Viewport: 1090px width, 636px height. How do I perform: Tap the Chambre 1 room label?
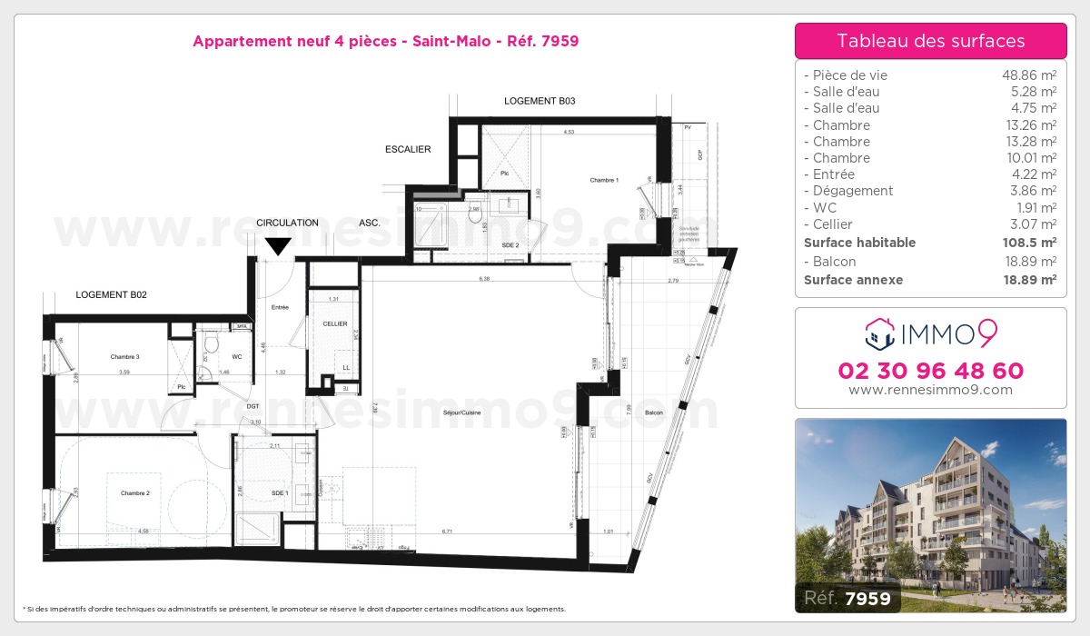coord(604,180)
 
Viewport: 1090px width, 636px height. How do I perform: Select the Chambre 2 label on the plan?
coord(134,493)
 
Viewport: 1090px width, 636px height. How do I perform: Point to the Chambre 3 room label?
coord(124,357)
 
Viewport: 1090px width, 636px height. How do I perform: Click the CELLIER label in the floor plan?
coord(335,323)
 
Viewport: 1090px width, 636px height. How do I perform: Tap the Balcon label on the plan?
coord(654,413)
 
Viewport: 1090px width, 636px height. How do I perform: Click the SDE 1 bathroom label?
coord(280,492)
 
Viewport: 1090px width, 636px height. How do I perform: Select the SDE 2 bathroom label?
coord(510,245)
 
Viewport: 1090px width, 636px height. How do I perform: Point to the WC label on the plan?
coord(236,357)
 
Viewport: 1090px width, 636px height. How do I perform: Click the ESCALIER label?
coord(408,149)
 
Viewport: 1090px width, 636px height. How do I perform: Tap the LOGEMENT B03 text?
coord(540,101)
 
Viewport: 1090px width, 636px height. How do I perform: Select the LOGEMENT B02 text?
coord(111,294)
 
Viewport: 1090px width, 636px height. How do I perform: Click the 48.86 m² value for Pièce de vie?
coord(1028,75)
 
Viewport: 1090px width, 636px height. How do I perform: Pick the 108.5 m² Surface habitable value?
coord(1028,243)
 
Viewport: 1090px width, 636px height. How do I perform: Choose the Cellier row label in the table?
coord(828,224)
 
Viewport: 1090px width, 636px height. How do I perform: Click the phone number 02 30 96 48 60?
coord(931,371)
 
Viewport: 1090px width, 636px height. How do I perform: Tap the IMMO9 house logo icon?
coord(880,334)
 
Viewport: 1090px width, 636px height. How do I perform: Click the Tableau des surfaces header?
coord(931,41)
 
